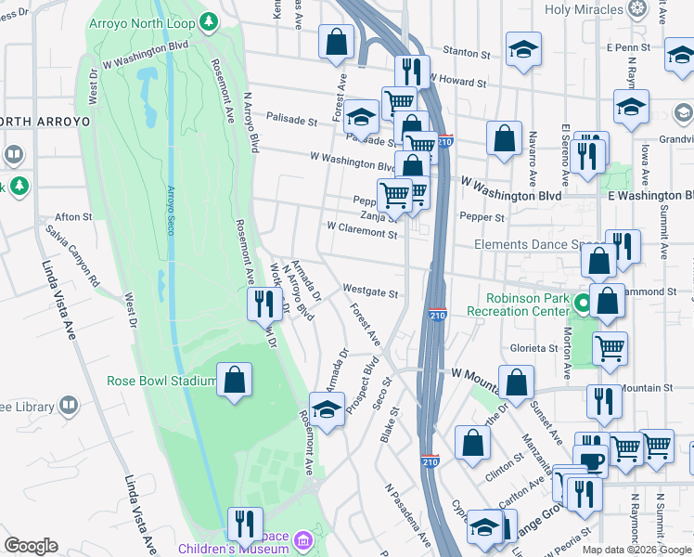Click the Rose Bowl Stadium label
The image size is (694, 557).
(162, 380)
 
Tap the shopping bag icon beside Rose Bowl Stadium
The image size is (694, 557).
(234, 380)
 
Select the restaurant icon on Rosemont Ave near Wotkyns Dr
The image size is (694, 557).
(264, 303)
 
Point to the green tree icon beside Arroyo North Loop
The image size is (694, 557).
(211, 19)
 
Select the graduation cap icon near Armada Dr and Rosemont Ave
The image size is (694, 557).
(327, 409)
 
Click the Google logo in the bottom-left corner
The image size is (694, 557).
(31, 546)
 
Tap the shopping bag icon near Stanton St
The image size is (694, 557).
(336, 42)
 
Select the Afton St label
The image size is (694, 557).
(74, 216)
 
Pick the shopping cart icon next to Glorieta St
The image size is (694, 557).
(610, 349)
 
